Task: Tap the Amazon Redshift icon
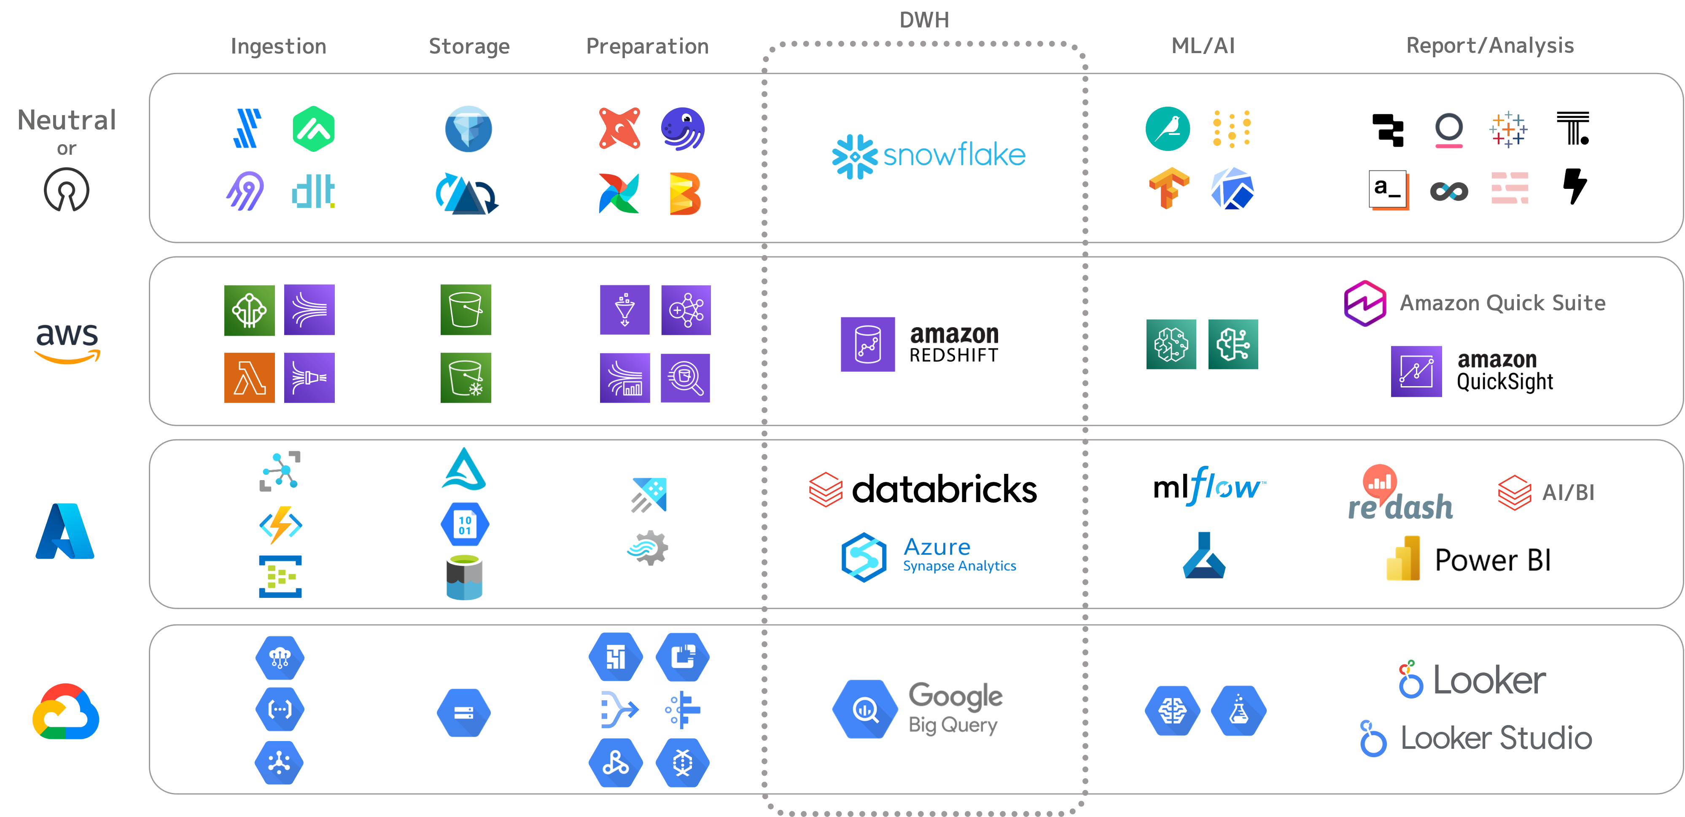point(867,344)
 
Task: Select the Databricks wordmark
point(944,490)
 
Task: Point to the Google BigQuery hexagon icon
point(865,709)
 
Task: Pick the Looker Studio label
point(1495,738)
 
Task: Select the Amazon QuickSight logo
point(1472,371)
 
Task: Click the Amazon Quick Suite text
point(1502,303)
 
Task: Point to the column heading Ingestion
point(278,46)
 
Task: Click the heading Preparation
point(647,46)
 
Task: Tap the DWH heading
point(923,20)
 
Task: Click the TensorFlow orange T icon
point(1169,188)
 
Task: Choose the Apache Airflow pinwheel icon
point(618,193)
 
